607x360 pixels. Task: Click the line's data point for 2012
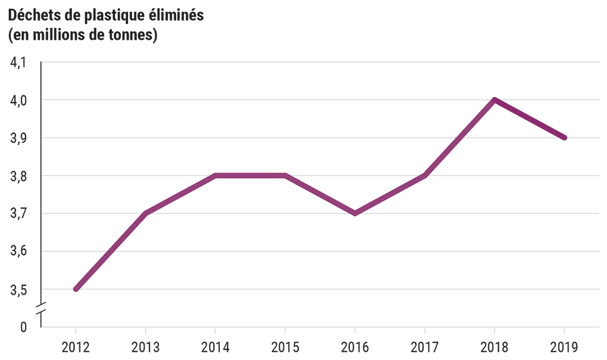coord(76,289)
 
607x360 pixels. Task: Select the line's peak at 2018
coord(494,100)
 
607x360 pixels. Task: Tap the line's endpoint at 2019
coord(564,138)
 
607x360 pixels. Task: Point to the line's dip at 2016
coord(354,214)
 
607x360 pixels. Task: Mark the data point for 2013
coord(146,214)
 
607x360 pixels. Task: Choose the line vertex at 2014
coord(215,176)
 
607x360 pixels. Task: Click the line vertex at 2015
coord(285,176)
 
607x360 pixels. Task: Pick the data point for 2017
coord(424,176)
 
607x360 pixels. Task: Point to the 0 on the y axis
coord(23,327)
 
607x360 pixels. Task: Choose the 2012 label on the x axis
coord(76,346)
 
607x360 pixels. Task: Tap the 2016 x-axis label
coord(354,346)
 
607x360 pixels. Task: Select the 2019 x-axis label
coord(564,346)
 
